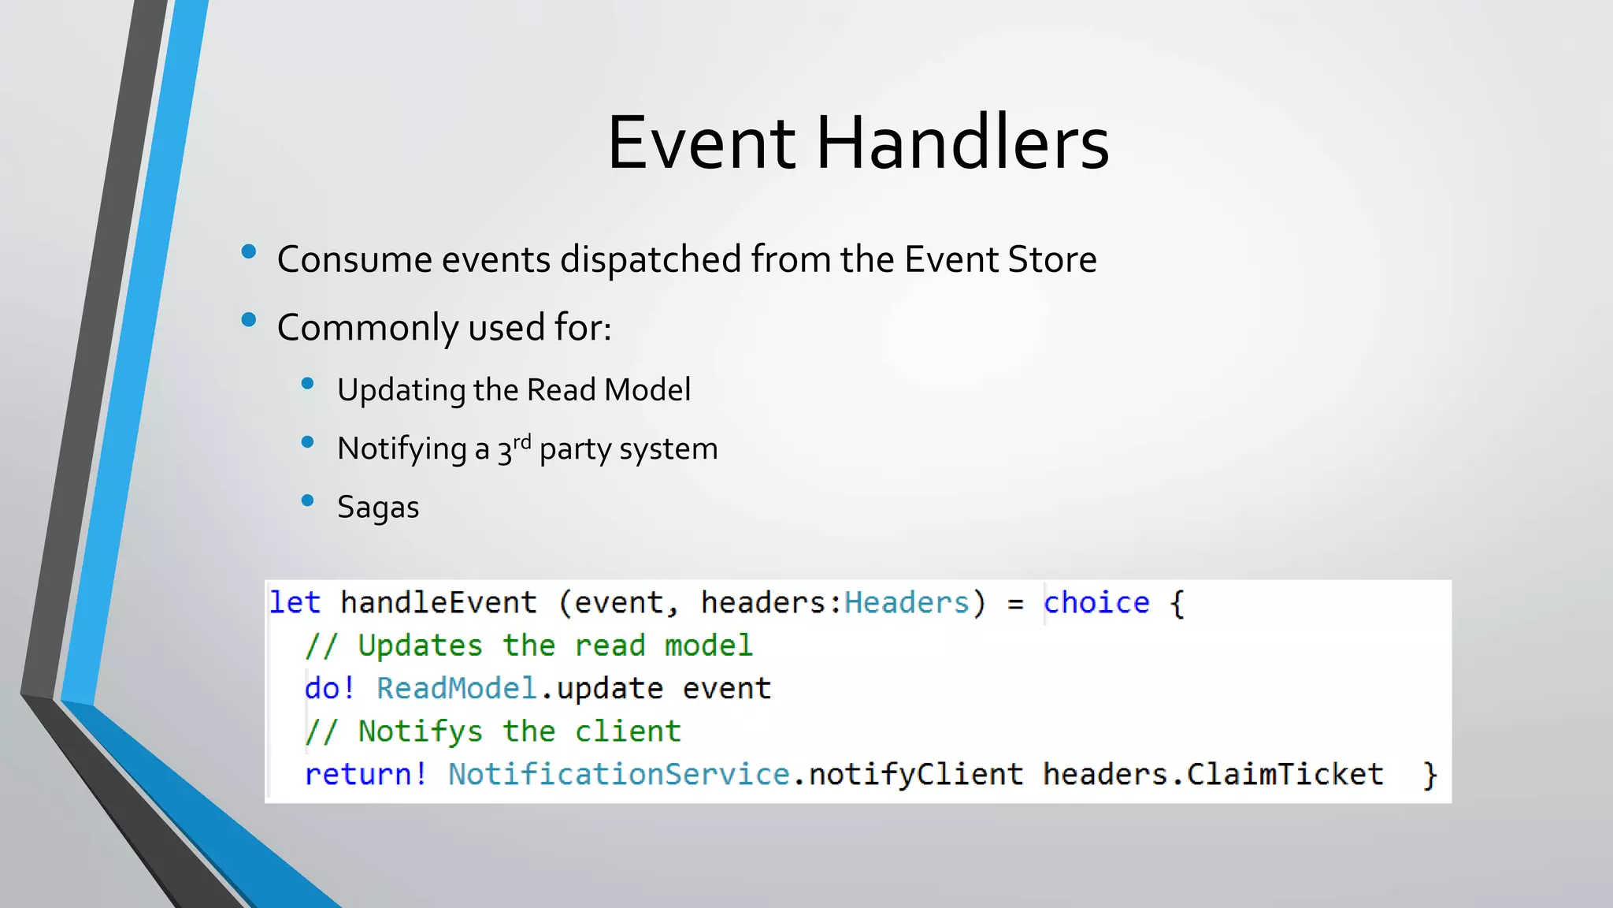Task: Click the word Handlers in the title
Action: point(962,143)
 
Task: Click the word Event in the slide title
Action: point(701,143)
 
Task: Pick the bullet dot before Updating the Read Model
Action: point(308,384)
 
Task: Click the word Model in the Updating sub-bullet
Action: point(647,390)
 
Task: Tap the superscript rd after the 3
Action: point(522,442)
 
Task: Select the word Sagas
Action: point(378,508)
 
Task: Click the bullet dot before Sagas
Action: point(308,501)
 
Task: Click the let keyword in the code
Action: point(295,603)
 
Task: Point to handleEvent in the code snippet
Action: point(438,603)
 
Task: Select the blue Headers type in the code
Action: point(906,603)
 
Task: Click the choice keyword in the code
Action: point(1096,603)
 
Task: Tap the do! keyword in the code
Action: point(329,689)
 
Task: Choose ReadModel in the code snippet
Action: point(457,689)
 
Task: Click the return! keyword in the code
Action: point(365,775)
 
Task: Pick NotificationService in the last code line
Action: point(618,775)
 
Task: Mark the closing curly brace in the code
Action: point(1429,775)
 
